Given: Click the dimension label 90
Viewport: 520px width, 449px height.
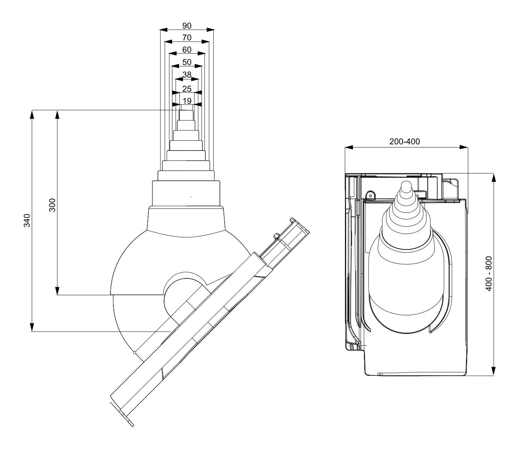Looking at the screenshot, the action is pyautogui.click(x=187, y=26).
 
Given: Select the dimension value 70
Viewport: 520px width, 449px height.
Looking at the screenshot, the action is pyautogui.click(x=187, y=38).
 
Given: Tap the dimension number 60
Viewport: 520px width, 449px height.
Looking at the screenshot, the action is pyautogui.click(x=187, y=50).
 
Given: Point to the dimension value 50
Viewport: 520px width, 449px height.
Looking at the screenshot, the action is pyautogui.click(x=187, y=62).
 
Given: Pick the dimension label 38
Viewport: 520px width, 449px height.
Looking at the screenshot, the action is pyautogui.click(x=187, y=74).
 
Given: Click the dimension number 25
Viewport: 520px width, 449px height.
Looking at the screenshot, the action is pyautogui.click(x=187, y=89).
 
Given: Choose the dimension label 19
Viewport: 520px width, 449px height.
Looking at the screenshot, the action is pyautogui.click(x=187, y=101).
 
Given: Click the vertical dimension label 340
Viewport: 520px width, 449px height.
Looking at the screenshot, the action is pyautogui.click(x=27, y=220).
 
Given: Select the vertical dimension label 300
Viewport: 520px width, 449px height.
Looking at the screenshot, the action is pyautogui.click(x=52, y=205).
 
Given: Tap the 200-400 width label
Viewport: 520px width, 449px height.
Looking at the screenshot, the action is pyautogui.click(x=404, y=141).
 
